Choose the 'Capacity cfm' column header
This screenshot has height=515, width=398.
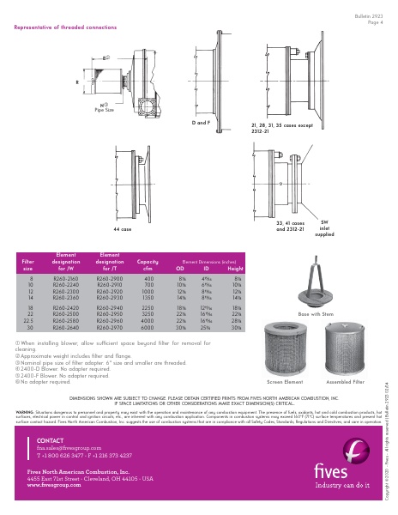pyautogui.click(x=148, y=263)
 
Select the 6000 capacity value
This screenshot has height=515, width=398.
pyautogui.click(x=148, y=327)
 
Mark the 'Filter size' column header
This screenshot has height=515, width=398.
pyautogui.click(x=27, y=263)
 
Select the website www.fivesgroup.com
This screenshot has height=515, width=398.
pyautogui.click(x=53, y=485)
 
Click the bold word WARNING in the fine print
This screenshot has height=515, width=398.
pyautogui.click(x=27, y=410)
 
